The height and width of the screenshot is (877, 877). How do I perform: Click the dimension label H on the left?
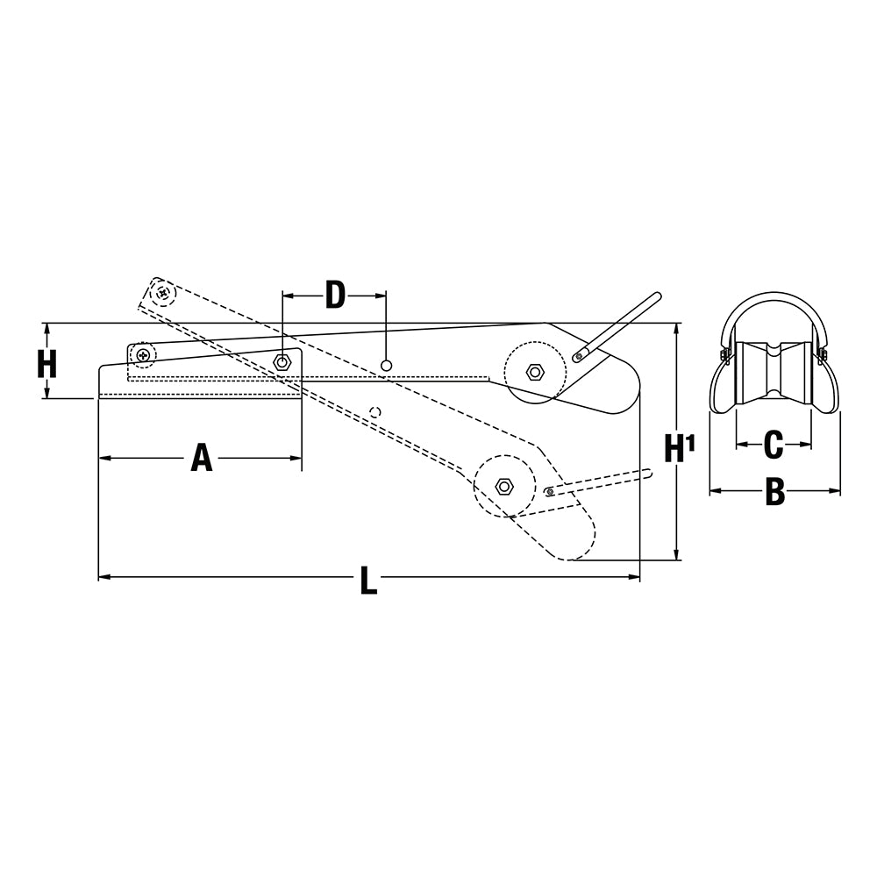[47, 363]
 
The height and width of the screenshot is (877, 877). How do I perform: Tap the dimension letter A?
[202, 458]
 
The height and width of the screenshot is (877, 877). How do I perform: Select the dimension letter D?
[335, 296]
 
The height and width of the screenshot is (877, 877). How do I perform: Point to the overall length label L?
[368, 581]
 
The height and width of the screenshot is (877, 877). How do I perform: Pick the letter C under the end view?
[773, 446]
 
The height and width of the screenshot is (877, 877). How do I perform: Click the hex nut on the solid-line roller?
[534, 372]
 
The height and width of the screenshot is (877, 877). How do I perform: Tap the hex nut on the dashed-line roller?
[503, 487]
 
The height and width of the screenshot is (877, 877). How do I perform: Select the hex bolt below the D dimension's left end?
[282, 361]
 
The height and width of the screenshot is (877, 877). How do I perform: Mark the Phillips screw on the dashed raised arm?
[161, 292]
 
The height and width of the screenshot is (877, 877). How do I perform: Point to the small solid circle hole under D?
[386, 364]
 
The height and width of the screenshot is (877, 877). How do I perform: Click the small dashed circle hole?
[375, 412]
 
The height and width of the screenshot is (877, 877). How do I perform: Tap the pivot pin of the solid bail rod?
[577, 357]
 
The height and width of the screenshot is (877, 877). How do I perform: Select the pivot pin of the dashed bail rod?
[549, 492]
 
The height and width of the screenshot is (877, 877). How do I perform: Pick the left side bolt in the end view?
[725, 354]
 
